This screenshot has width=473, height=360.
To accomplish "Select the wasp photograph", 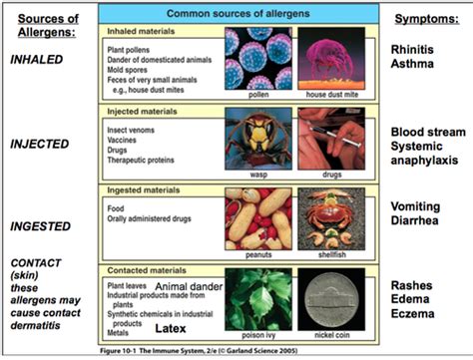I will (258, 140).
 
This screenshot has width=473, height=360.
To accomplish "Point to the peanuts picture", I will (258, 217).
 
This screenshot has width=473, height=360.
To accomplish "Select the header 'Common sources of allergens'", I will (234, 14).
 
